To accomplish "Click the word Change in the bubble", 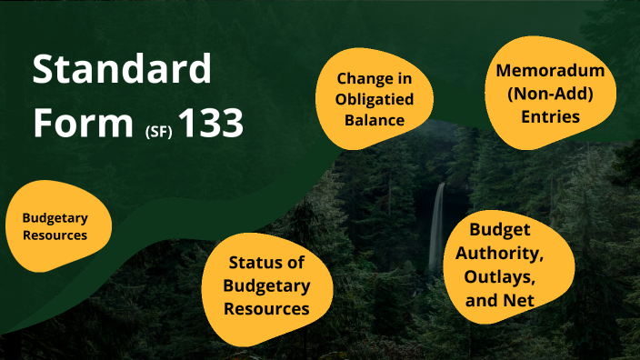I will (368, 79).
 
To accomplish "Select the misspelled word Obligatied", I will (368, 99).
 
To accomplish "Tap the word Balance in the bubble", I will (368, 119).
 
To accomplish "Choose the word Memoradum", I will (550, 71).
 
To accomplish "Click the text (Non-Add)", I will (550, 94).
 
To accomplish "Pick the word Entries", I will (550, 116).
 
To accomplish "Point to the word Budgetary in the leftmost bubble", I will (55, 218).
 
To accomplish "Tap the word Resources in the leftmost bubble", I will (55, 235).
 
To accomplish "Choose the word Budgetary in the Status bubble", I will (266, 285).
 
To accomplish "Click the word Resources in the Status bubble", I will (266, 308).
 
